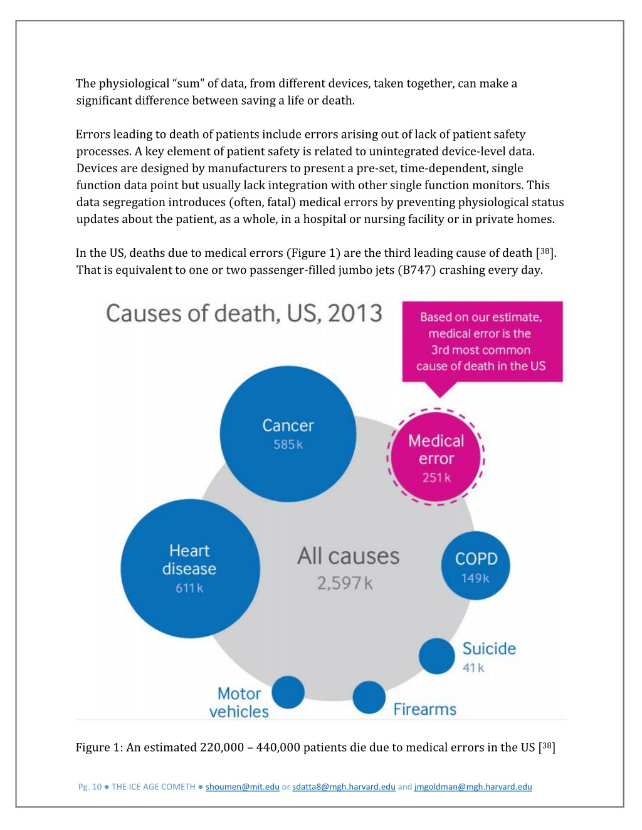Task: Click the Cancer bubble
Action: pyautogui.click(x=288, y=434)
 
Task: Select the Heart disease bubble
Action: pyautogui.click(x=190, y=568)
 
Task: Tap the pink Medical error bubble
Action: pyautogui.click(x=436, y=458)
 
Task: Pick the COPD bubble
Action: pyautogui.click(x=476, y=566)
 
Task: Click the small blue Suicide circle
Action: pyautogui.click(x=436, y=656)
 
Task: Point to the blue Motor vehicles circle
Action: pyautogui.click(x=288, y=692)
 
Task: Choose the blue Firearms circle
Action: pyautogui.click(x=369, y=697)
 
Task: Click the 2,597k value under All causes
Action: pyautogui.click(x=344, y=584)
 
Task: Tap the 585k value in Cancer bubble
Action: pyautogui.click(x=288, y=445)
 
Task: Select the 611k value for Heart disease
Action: pyautogui.click(x=189, y=588)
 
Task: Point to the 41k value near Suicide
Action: pyautogui.click(x=473, y=668)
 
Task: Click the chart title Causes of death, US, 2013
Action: pyautogui.click(x=244, y=313)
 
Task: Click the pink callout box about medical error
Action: pyautogui.click(x=481, y=341)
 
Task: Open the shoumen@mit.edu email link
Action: pyautogui.click(x=243, y=787)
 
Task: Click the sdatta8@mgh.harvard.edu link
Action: pyautogui.click(x=344, y=787)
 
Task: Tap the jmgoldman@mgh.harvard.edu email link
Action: pyautogui.click(x=473, y=787)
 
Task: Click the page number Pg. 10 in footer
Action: pyautogui.click(x=90, y=787)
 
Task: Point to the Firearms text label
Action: pyautogui.click(x=424, y=709)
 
